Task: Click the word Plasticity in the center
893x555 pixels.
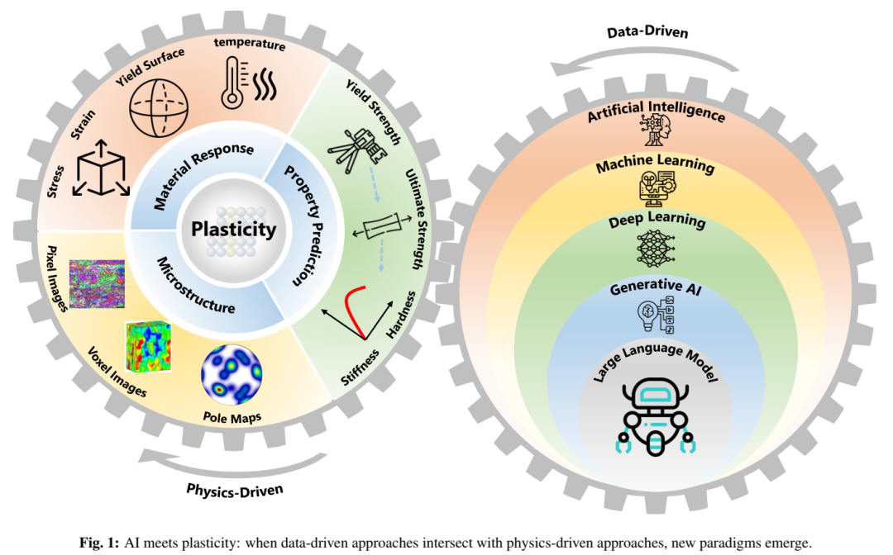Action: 233,229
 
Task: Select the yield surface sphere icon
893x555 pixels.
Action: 158,107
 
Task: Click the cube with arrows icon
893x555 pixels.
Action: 102,168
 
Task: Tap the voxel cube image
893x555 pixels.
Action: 148,347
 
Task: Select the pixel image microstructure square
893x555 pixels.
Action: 97,284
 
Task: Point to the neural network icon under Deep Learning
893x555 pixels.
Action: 656,249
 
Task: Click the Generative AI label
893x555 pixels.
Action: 656,287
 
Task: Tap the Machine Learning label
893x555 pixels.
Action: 655,164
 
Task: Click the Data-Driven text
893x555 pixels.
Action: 647,32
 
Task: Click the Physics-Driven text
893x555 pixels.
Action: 235,491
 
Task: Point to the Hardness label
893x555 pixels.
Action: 401,315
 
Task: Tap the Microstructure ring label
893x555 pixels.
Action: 196,286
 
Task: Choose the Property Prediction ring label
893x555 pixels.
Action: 304,225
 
